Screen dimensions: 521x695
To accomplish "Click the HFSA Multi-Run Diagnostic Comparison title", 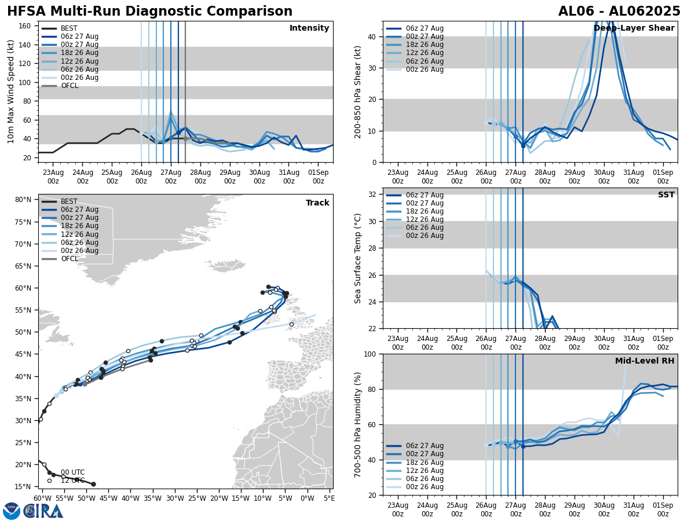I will [150, 12].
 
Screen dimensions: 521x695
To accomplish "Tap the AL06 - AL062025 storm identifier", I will [619, 12].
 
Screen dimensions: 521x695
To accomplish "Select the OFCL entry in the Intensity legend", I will [69, 86].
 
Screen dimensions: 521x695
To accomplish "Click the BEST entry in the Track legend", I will [69, 201].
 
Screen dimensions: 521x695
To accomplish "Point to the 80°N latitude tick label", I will [23, 200].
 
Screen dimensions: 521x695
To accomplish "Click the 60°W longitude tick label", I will [41, 498].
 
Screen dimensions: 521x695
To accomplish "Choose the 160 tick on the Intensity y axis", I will [25, 26].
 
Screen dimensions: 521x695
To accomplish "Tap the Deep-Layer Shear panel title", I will [634, 28].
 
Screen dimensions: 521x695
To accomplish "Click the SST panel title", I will [666, 195].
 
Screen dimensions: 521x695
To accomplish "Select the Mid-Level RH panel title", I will [645, 361].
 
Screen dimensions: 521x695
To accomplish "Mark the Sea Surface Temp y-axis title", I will [358, 258].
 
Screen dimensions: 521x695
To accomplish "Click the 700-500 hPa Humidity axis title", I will [358, 424].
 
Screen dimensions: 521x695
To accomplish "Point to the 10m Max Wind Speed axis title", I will [11, 91].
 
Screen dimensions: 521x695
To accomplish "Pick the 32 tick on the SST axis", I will [374, 195].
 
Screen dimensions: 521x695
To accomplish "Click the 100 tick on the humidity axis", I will [371, 354].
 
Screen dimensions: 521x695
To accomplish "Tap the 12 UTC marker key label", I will [72, 480].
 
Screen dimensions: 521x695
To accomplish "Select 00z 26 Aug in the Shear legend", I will [425, 69].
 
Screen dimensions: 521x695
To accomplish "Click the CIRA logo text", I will [43, 511].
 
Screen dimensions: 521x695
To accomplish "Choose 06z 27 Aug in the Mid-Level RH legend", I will [425, 446].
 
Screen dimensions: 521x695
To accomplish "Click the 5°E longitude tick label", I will [329, 498].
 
